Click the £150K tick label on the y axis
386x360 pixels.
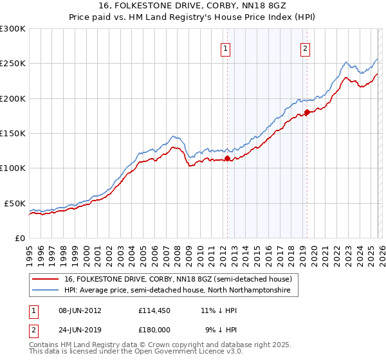[x=13, y=134]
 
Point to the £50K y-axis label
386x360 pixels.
[x=15, y=203]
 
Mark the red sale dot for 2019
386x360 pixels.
[x=307, y=113]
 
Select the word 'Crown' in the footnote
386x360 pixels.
[x=150, y=345]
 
